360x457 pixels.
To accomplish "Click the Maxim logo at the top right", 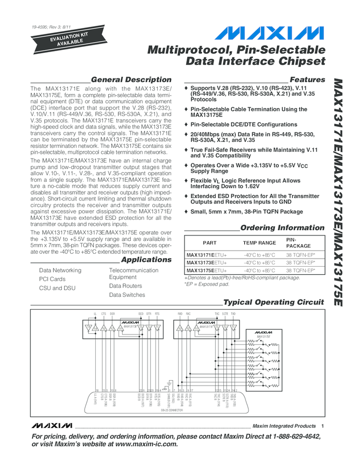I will pyautogui.click(x=272, y=33).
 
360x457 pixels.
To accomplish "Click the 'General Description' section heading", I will pyautogui.click(x=131, y=80).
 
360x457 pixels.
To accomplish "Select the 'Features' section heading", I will pyautogui.click(x=307, y=80).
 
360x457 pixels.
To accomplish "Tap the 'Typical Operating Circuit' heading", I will pyautogui.click(x=274, y=302).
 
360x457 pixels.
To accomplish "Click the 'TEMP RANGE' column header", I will pyautogui.click(x=259, y=243).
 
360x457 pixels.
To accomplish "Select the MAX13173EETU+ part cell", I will pyautogui.click(x=207, y=262).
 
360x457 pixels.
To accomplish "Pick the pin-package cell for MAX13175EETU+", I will pyautogui.click(x=300, y=270).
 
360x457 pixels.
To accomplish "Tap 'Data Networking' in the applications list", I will pyautogui.click(x=60, y=270).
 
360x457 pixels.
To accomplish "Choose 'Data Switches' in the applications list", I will pyautogui.click(x=127, y=295).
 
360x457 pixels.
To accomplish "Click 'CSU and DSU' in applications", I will pyautogui.click(x=58, y=288).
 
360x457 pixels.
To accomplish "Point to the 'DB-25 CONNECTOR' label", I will pyautogui.click(x=173, y=409).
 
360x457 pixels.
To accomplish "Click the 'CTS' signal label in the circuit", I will pyautogui.click(x=103, y=313).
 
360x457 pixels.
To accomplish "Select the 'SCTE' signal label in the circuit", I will pyautogui.click(x=225, y=313).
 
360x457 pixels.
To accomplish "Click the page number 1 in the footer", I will pyautogui.click(x=322, y=426).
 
